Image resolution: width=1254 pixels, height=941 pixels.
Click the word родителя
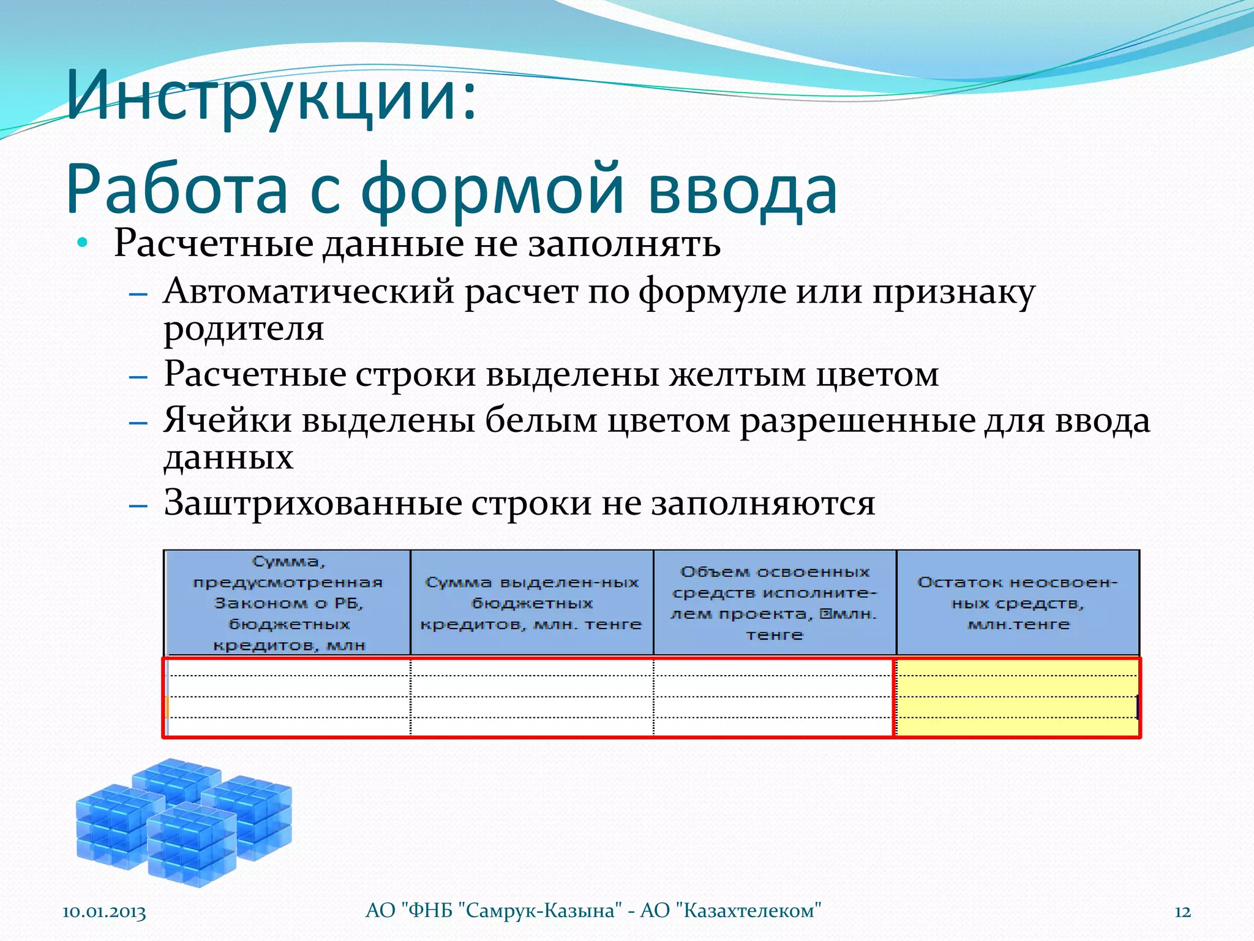pos(243,328)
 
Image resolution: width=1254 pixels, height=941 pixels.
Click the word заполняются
pos(762,503)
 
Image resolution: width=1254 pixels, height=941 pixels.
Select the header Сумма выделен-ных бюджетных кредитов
pos(531,603)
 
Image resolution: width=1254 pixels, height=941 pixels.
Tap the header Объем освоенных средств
pos(775,603)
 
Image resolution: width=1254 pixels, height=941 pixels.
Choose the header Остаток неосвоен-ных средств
pos(1018,603)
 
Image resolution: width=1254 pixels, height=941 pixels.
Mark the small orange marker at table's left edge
pos(167,706)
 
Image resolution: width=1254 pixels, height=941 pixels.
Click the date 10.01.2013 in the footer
pos(104,912)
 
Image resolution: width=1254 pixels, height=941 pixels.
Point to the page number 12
pos(1182,912)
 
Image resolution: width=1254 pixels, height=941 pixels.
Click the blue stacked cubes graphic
pos(184,821)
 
